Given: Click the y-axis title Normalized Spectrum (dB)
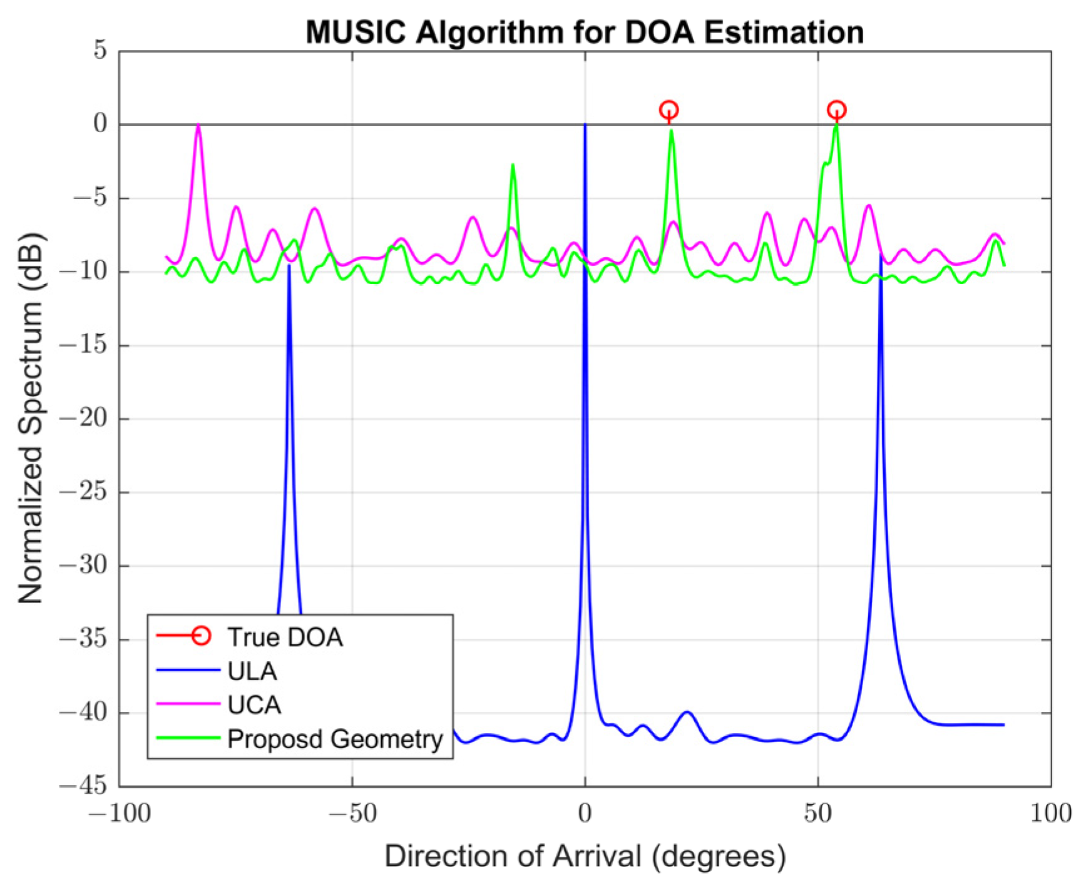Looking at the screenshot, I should pos(31,418).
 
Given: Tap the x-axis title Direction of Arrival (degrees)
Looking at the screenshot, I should pos(585,856).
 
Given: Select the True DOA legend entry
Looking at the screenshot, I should pos(285,638).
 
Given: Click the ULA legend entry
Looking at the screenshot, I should pos(252,671).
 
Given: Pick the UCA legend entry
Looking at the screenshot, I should pos(254,705).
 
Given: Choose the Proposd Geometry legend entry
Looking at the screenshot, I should pos(334,739).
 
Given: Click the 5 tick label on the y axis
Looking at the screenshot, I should pos(100,50).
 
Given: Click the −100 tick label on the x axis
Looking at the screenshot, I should pos(120,814).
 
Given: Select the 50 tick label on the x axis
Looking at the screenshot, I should pos(818,814).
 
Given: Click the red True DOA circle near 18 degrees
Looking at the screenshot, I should pos(669,110).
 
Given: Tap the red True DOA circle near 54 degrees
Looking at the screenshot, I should pos(837,110).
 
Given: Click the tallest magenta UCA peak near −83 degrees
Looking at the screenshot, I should pos(198,126).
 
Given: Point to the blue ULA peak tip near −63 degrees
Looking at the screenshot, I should pos(289,267).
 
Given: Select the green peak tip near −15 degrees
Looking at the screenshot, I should pos(513,165).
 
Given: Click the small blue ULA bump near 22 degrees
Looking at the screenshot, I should pos(688,713).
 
